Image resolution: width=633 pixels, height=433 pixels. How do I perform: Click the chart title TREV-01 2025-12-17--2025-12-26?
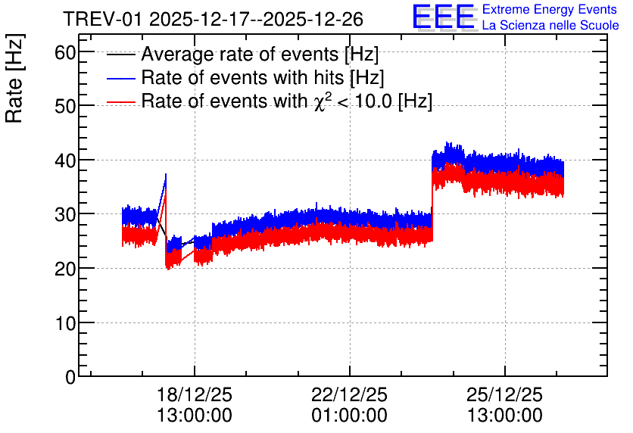[214, 19]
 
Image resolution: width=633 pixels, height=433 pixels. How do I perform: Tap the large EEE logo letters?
[444, 17]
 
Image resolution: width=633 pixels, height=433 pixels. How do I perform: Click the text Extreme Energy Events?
[550, 9]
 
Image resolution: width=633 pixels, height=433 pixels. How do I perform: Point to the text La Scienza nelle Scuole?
[550, 25]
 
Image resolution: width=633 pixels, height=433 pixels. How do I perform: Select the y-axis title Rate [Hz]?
[14, 78]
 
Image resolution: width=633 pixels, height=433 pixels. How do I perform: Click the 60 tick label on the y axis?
[65, 52]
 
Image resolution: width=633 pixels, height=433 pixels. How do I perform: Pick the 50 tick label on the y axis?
[65, 106]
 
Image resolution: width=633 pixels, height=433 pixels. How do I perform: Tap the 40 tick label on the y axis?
[65, 160]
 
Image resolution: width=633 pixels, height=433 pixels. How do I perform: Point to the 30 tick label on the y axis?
[65, 214]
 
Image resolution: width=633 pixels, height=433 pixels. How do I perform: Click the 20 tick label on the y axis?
[65, 269]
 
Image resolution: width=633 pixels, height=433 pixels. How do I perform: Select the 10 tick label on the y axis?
[65, 322]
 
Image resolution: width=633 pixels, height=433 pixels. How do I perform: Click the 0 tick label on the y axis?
[70, 377]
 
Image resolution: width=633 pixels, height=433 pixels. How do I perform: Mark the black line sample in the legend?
[120, 55]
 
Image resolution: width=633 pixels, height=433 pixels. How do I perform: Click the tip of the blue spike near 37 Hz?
[166, 174]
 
